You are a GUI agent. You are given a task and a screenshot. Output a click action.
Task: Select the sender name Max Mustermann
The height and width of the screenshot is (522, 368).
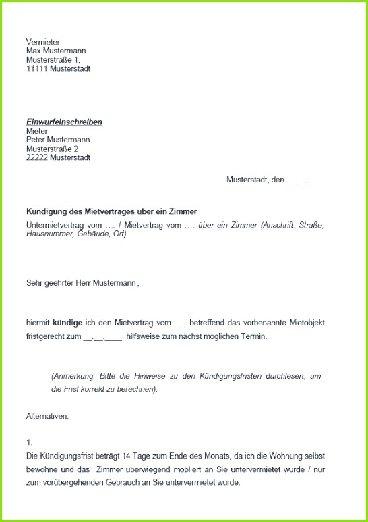click(x=56, y=51)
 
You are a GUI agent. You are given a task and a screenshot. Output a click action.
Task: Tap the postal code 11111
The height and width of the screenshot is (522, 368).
click(x=36, y=68)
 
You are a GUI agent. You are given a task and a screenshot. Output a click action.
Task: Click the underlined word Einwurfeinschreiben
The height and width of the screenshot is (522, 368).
click(x=64, y=122)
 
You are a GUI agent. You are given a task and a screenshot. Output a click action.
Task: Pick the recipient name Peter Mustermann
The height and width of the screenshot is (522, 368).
click(x=58, y=140)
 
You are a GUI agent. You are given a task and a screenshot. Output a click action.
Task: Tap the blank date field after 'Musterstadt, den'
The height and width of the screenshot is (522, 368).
click(x=306, y=181)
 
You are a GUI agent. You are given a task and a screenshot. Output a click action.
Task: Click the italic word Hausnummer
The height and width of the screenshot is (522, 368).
click(x=48, y=234)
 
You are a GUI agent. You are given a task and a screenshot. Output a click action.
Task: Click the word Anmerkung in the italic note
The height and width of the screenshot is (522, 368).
click(x=73, y=376)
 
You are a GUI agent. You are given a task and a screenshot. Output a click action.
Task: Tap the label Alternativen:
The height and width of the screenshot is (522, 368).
click(x=47, y=416)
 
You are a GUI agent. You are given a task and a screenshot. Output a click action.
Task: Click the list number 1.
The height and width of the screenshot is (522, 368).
click(x=29, y=442)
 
